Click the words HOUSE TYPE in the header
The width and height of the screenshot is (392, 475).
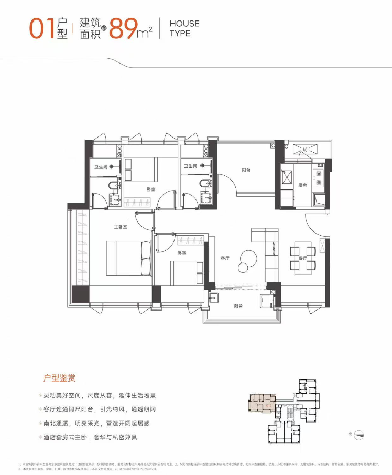184,28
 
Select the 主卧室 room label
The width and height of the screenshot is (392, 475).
122,227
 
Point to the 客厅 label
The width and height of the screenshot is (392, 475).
225,258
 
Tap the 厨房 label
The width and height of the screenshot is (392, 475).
303,185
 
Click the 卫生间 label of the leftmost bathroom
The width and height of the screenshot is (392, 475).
101,167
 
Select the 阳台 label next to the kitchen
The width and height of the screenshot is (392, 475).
246,170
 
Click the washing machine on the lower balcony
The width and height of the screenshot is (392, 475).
266,301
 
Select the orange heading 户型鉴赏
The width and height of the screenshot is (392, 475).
60,377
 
